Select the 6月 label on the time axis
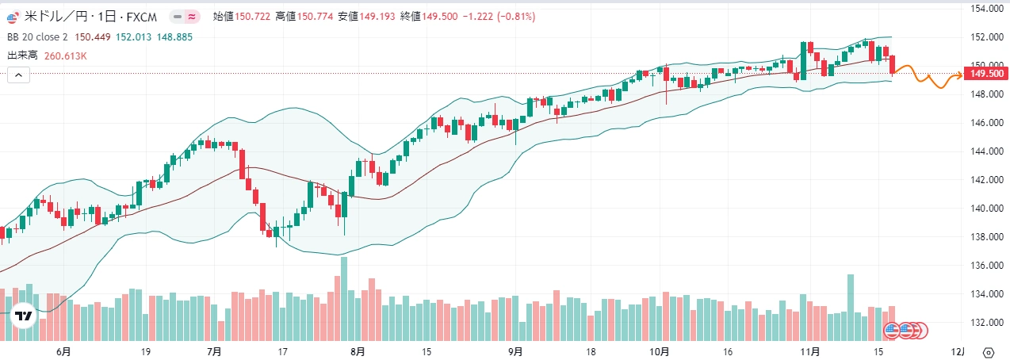63,351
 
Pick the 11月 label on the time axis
809,351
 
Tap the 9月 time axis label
515,351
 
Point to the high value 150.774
316,17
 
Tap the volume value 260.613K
65,56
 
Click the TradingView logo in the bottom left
24,316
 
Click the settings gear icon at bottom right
988,352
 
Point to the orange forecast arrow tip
962,75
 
